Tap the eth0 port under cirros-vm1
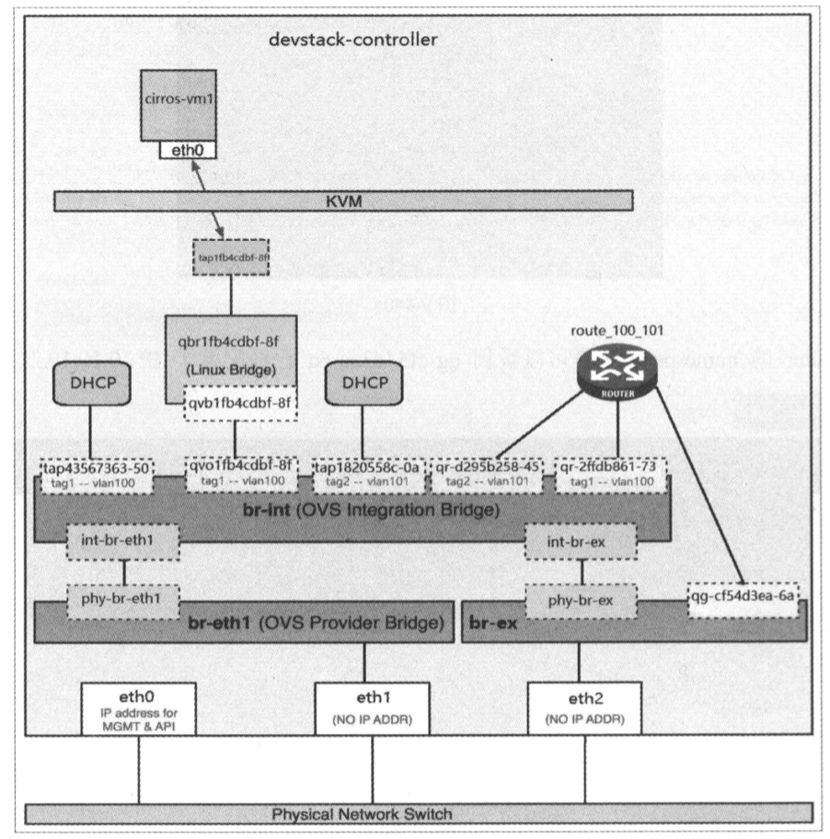point(187,149)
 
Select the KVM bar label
point(342,200)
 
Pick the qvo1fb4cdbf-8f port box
point(241,473)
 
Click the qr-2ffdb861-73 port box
point(610,473)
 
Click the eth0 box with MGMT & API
point(138,706)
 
